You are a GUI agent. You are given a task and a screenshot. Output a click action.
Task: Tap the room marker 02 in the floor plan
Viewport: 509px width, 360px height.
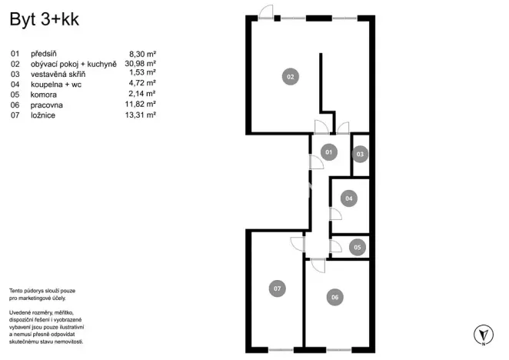pyautogui.click(x=291, y=77)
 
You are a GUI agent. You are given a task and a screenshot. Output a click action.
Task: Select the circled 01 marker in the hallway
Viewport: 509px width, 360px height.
pyautogui.click(x=328, y=152)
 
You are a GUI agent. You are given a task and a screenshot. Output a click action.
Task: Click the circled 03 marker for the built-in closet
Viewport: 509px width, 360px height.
pyautogui.click(x=360, y=154)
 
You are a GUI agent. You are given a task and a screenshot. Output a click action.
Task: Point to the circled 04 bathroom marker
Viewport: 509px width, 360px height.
pyautogui.click(x=349, y=198)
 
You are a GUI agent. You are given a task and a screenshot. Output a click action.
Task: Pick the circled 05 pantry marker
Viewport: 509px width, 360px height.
pyautogui.click(x=356, y=247)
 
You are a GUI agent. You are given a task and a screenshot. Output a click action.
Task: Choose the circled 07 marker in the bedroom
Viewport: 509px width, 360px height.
pyautogui.click(x=278, y=288)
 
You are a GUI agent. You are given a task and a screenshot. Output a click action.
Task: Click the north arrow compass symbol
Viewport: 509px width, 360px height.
pyautogui.click(x=483, y=334)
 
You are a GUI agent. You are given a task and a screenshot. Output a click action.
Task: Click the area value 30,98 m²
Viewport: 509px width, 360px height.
pyautogui.click(x=140, y=65)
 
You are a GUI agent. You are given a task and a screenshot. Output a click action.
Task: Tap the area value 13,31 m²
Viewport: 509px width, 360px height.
pyautogui.click(x=140, y=115)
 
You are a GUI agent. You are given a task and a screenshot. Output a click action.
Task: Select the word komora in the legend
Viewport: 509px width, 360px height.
pyautogui.click(x=44, y=95)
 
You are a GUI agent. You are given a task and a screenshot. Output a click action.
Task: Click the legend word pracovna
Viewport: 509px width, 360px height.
pyautogui.click(x=48, y=105)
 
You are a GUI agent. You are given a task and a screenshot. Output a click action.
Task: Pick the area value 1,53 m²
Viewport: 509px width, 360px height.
pyautogui.click(x=142, y=75)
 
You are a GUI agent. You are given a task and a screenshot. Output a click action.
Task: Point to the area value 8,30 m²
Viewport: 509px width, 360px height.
pyautogui.click(x=142, y=55)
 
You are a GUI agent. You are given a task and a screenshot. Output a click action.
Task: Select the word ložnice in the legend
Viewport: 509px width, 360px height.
pyautogui.click(x=43, y=115)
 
